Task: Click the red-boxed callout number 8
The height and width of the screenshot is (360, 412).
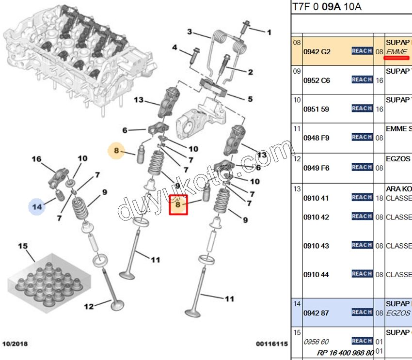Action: tap(178, 205)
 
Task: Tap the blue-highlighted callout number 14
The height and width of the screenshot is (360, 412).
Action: tap(37, 207)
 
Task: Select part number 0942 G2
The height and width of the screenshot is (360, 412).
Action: tap(316, 51)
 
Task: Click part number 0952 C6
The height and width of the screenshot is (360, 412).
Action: tap(316, 80)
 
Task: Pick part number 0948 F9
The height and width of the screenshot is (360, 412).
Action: tap(316, 138)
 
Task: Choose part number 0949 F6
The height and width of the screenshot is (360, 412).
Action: tap(316, 168)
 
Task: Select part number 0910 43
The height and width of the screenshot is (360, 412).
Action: tap(316, 246)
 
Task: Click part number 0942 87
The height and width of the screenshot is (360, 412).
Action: tap(316, 313)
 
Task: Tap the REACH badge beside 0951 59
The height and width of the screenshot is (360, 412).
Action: tap(362, 109)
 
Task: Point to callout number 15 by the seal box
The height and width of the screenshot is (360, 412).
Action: tap(23, 246)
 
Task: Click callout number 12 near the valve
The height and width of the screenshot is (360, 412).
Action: tap(89, 306)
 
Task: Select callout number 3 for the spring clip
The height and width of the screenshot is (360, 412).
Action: tap(190, 32)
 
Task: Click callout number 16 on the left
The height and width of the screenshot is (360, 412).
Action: tap(37, 159)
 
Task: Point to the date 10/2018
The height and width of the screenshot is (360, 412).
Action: tap(15, 344)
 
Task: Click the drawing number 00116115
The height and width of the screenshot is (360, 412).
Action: tap(272, 344)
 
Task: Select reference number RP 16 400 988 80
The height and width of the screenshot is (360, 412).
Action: tap(345, 352)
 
